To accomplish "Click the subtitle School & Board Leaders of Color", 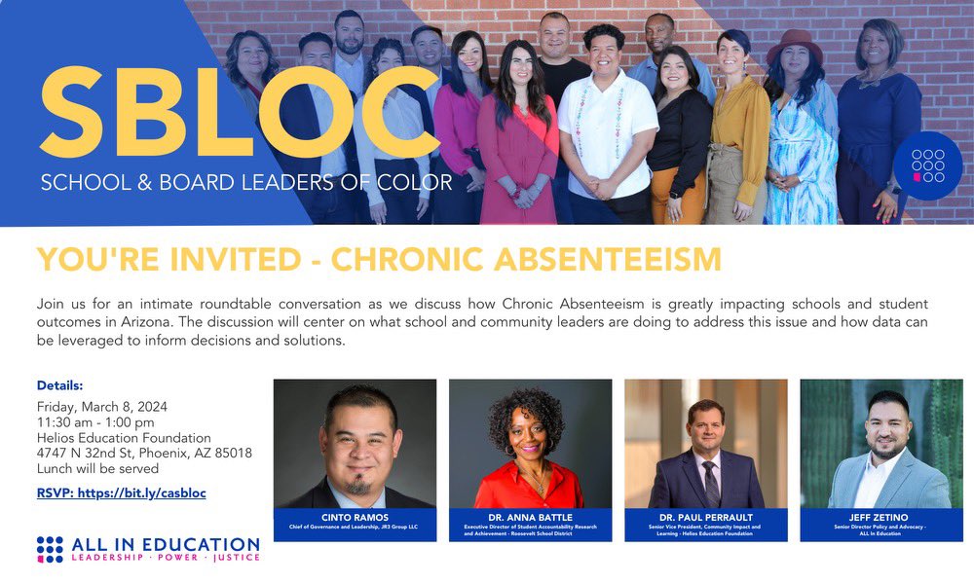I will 246,182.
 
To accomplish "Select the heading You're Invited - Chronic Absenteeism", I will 379,260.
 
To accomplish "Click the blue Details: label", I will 60,385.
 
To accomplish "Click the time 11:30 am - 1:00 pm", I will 95,422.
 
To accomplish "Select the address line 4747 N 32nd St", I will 144,453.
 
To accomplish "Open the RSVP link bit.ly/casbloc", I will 122,493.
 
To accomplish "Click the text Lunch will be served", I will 97,468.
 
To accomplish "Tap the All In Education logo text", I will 166,545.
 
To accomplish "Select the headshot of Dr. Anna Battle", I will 530,444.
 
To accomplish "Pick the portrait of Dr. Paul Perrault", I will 705,444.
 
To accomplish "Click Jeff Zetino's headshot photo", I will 880,444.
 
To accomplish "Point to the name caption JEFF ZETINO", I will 880,516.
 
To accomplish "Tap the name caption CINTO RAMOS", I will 355,516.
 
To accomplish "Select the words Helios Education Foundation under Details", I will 124,438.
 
